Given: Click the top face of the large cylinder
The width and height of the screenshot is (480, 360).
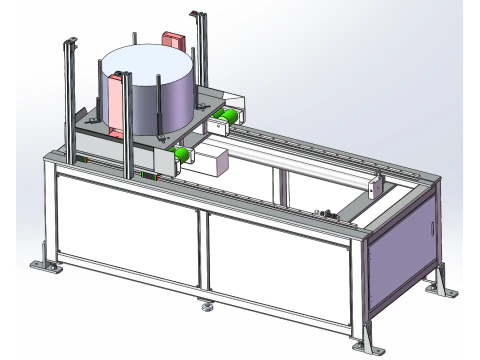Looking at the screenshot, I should tap(150, 63).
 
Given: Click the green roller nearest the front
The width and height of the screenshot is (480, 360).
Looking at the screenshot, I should tap(182, 154).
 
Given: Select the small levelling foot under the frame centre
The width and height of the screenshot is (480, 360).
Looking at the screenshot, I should tap(207, 308).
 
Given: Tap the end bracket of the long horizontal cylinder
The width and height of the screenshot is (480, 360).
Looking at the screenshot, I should tap(375, 187).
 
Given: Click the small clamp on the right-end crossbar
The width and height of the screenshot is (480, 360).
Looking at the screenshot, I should tap(324, 213).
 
